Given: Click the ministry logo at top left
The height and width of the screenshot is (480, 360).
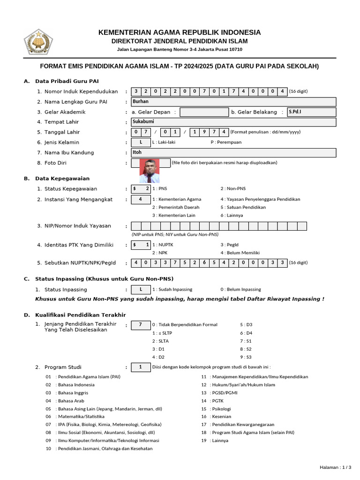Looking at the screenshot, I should (x=36, y=42).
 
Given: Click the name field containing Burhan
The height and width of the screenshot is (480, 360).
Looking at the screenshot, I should (x=233, y=102).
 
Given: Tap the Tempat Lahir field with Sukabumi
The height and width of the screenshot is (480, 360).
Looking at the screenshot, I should (x=233, y=122).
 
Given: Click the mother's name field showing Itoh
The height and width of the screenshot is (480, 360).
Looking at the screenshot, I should (x=233, y=152).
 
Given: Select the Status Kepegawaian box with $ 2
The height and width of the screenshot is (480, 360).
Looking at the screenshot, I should (x=141, y=188).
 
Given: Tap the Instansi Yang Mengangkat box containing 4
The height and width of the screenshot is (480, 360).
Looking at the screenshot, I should (x=141, y=199).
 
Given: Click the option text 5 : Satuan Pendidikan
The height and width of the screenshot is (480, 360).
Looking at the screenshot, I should (x=243, y=207).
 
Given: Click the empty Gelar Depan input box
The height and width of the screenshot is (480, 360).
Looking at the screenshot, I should (x=204, y=112).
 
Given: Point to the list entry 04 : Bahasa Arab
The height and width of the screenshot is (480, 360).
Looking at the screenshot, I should (x=65, y=401).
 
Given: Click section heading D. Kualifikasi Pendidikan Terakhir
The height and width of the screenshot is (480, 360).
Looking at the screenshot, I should (x=75, y=315).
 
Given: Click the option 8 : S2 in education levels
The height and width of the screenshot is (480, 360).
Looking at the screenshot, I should (x=246, y=349).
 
